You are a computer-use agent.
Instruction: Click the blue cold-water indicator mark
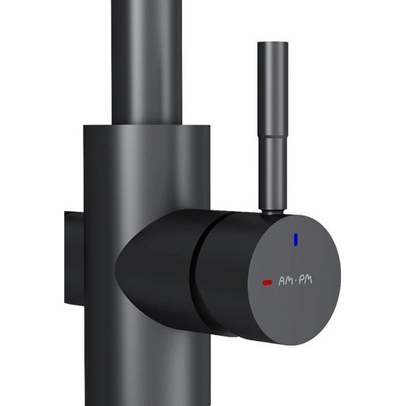[x=296, y=240]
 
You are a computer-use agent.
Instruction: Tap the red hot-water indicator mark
[x=267, y=282]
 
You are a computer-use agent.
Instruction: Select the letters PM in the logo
[x=306, y=280]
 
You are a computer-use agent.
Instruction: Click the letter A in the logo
[x=281, y=281]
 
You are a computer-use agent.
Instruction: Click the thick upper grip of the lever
[x=273, y=89]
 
